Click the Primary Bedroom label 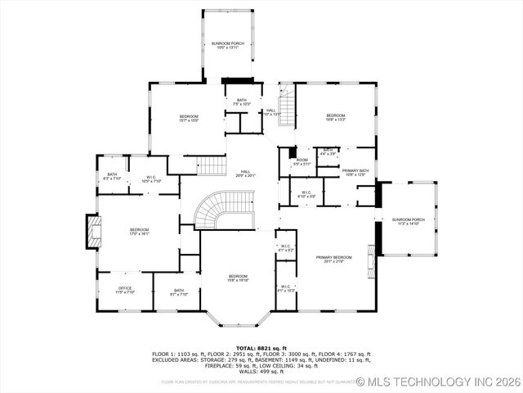(331, 260)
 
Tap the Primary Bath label (356, 172)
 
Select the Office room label (125, 290)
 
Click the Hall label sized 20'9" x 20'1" (245, 173)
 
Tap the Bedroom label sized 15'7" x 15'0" (189, 118)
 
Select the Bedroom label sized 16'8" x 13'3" (336, 117)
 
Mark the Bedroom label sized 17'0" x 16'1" (139, 232)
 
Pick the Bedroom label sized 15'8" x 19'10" (238, 278)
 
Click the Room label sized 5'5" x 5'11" (302, 162)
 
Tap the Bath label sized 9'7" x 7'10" (178, 292)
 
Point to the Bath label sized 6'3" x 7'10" (112, 176)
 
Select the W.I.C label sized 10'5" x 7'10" (151, 179)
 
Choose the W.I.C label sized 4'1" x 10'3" (285, 288)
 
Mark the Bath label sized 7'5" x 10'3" (241, 102)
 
